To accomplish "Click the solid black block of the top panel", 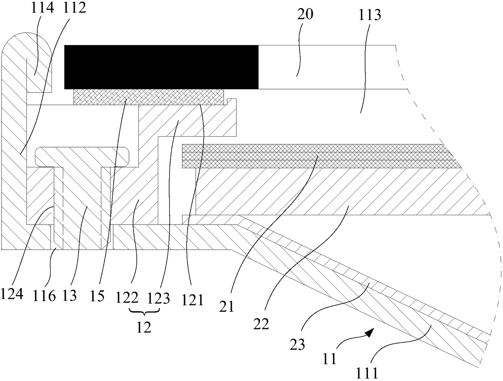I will [161, 67].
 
